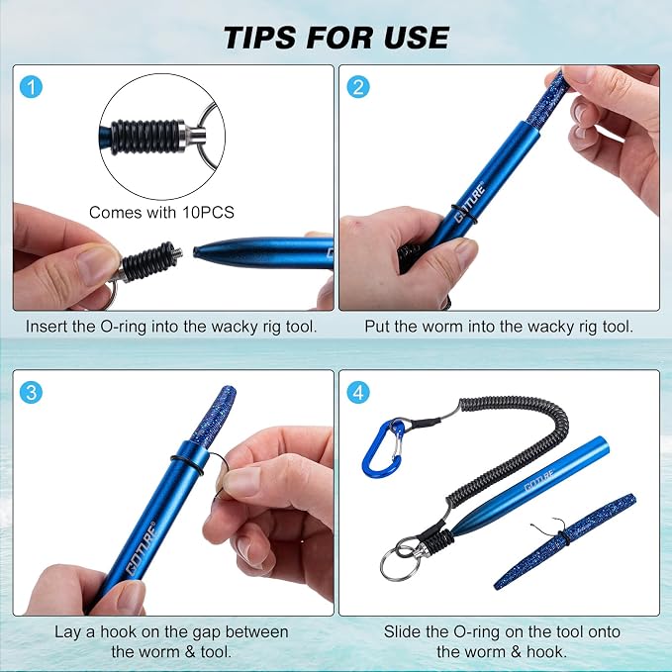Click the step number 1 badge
click(31, 87)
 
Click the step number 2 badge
click(358, 87)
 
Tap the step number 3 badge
click(31, 393)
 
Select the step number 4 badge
click(358, 393)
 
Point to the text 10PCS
click(208, 212)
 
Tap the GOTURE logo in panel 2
click(470, 203)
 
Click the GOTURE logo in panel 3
click(141, 548)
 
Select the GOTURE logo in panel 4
click(539, 480)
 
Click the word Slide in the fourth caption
click(403, 631)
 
